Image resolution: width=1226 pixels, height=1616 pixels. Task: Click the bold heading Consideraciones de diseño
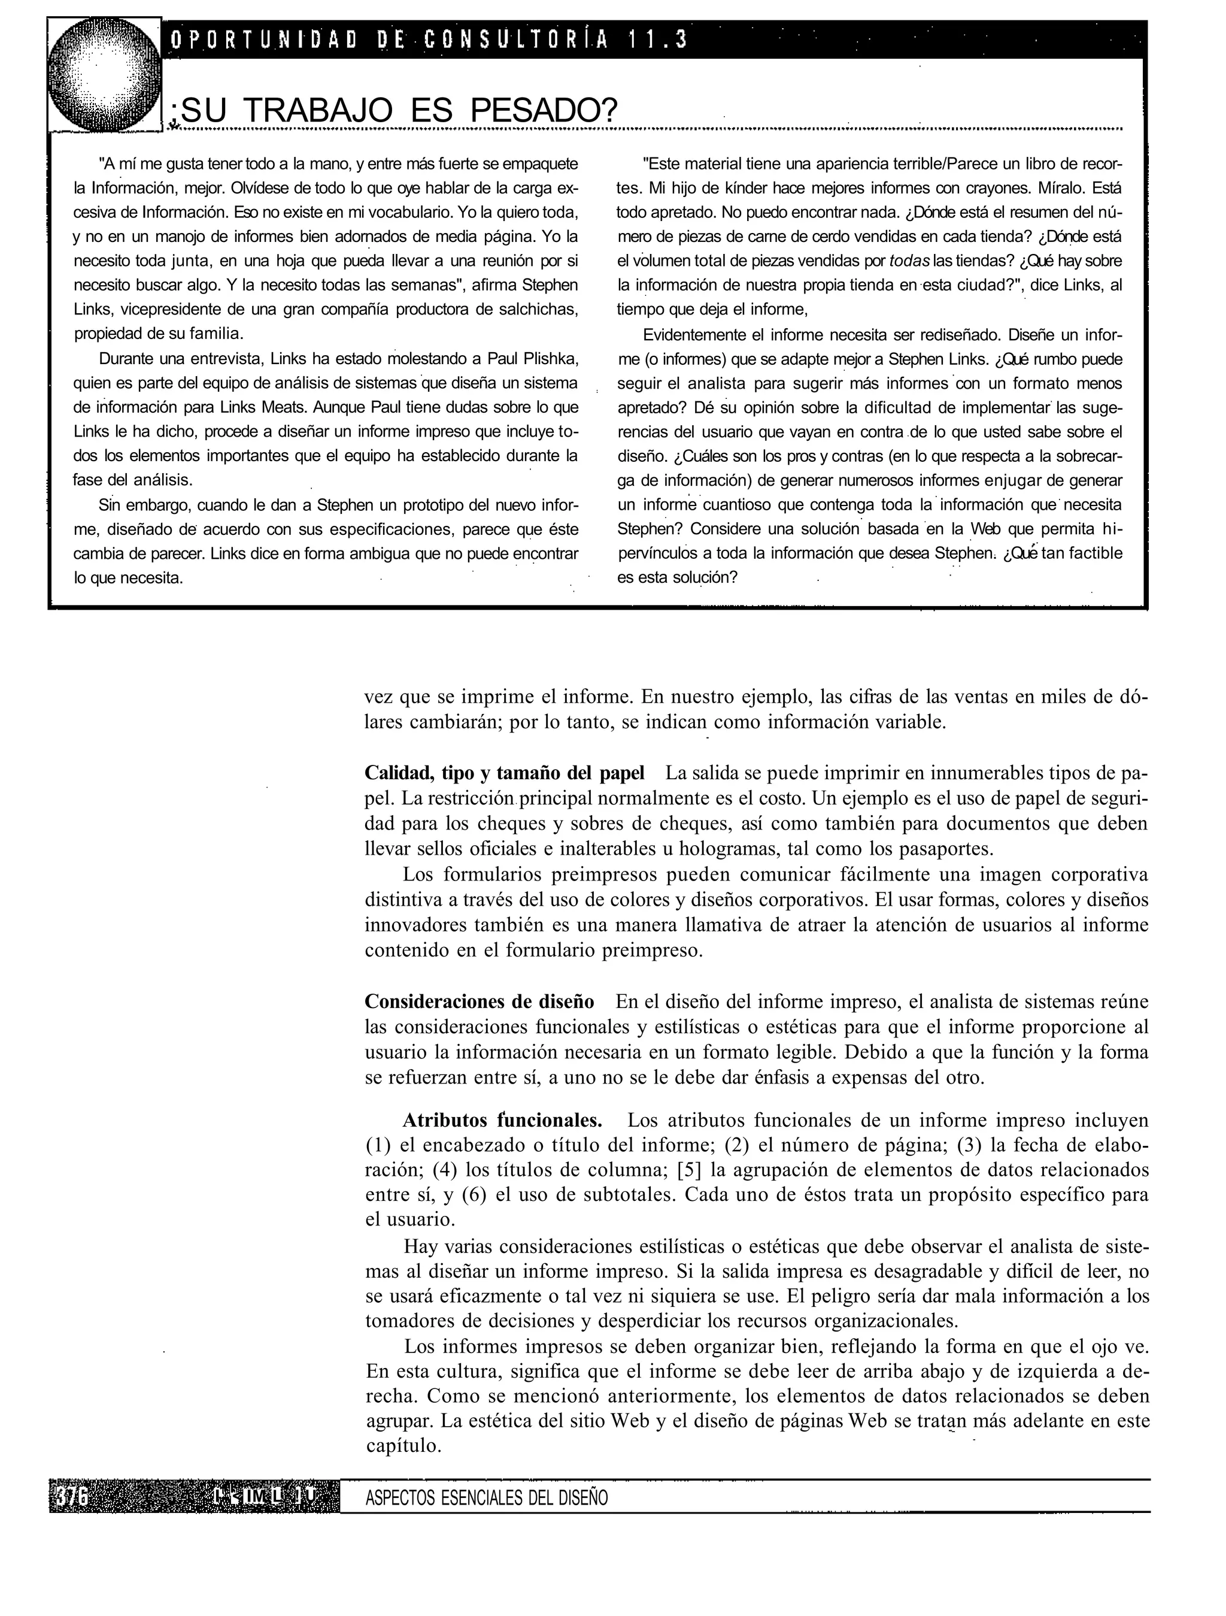click(479, 1001)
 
